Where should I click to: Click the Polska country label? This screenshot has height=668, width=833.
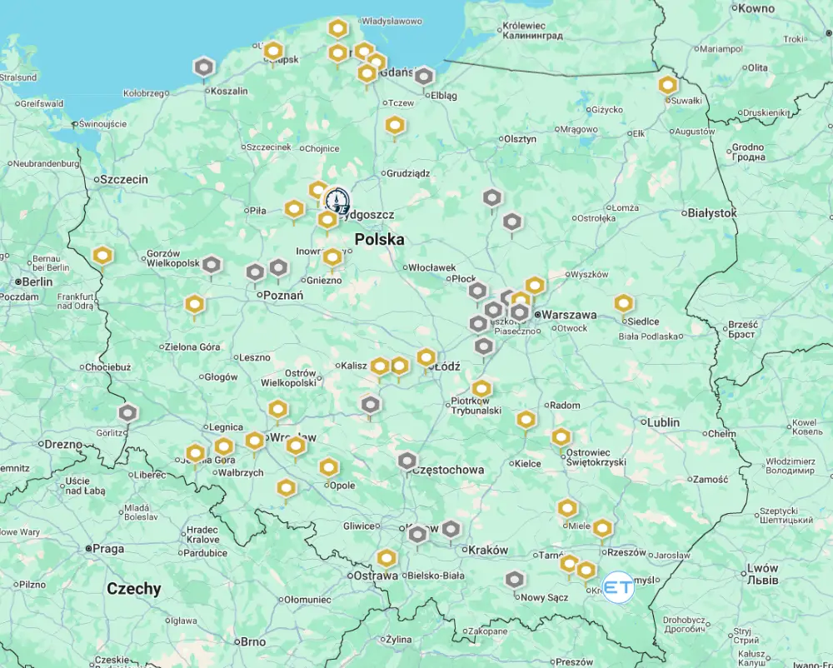(x=379, y=240)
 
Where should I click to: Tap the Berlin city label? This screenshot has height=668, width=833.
(x=37, y=282)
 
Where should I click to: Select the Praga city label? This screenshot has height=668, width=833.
(x=108, y=549)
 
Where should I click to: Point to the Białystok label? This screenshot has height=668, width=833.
(x=712, y=213)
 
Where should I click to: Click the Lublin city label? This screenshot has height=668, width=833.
(x=663, y=422)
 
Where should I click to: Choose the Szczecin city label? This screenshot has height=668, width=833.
(x=122, y=179)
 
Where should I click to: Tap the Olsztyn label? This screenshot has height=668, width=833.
(x=520, y=139)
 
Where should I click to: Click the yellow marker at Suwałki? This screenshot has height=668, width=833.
(x=668, y=85)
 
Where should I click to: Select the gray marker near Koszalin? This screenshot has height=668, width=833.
(x=204, y=67)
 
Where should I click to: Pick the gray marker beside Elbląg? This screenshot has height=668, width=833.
(x=424, y=77)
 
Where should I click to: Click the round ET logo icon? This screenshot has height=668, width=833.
(x=618, y=587)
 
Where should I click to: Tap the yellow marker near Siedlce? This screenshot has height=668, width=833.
(x=624, y=304)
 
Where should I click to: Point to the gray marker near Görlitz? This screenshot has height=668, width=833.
(x=127, y=412)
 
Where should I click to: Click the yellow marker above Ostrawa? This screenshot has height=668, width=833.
(x=387, y=558)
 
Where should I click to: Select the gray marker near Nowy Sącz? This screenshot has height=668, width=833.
(x=515, y=580)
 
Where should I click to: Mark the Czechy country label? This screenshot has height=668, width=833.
(x=133, y=589)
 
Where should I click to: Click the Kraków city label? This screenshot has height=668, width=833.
(x=488, y=550)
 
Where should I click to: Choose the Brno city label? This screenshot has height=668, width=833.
(x=252, y=641)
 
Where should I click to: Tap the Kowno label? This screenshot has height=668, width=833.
(x=756, y=8)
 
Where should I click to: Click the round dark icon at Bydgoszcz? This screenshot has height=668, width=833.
(x=337, y=200)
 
